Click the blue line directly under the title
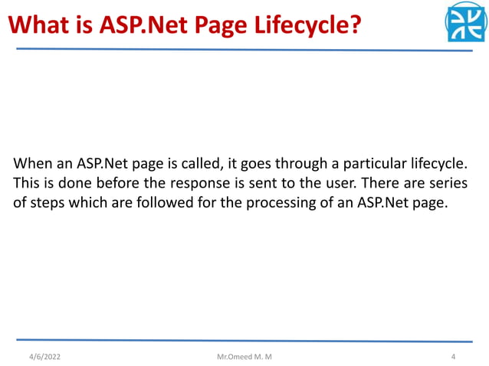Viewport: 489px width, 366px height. (x=244, y=49)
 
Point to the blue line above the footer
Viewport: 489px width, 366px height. (x=244, y=339)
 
